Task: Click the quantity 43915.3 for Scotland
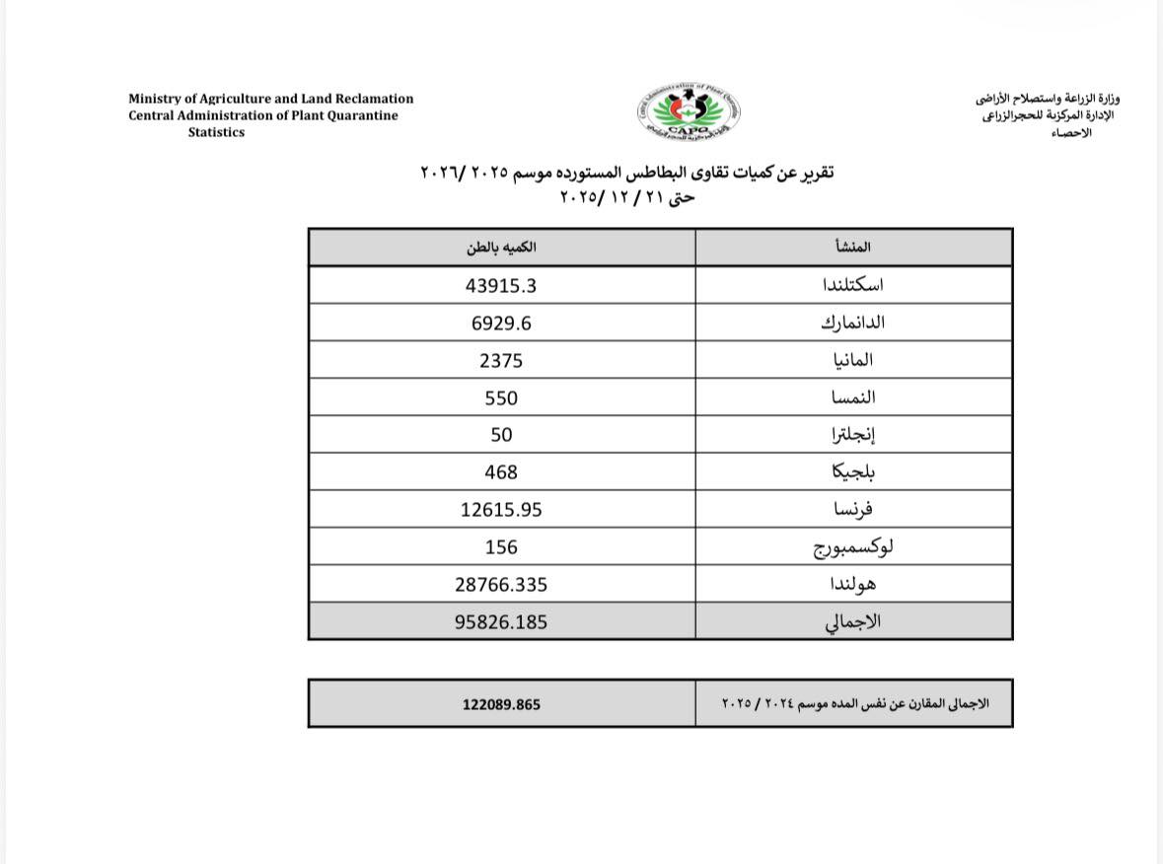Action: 501,285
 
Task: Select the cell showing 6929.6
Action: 501,323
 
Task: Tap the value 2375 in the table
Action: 501,360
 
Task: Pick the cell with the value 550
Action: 501,397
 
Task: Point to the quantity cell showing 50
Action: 501,435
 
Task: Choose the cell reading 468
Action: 501,472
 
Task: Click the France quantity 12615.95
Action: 501,510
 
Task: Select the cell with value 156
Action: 501,547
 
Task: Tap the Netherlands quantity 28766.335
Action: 501,584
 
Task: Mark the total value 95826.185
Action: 501,622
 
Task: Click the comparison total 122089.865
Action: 501,704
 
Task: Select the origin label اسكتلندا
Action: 852,285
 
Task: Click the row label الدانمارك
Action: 847,323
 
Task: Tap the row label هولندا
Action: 853,584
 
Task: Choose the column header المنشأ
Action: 852,247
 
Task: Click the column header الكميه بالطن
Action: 501,247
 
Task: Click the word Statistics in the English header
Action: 216,132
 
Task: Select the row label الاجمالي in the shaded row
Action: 852,622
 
